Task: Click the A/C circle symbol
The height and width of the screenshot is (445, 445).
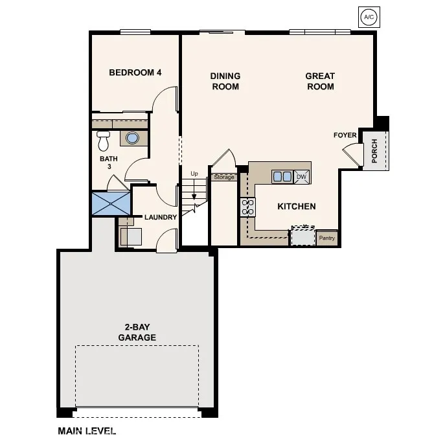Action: [369, 17]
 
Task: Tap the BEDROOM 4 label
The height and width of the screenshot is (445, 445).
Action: [135, 73]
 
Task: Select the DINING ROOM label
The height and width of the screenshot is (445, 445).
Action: [225, 82]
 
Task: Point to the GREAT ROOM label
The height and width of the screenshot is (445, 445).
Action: [320, 82]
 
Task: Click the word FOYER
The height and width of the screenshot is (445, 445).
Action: [345, 135]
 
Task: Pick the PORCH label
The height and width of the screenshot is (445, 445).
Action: [375, 151]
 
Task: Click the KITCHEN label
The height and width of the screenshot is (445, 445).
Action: [297, 207]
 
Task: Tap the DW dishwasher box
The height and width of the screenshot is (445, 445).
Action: [301, 176]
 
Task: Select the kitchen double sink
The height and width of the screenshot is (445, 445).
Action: [282, 176]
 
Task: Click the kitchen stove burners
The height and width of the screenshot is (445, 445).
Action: [247, 207]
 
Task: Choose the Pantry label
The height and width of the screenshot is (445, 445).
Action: [327, 238]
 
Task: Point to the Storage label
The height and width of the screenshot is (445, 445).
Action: [223, 177]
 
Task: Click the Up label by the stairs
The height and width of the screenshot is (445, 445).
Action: [194, 174]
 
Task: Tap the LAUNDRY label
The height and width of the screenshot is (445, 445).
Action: [161, 218]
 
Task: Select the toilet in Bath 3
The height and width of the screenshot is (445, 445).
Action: [103, 141]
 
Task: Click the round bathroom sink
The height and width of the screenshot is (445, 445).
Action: [133, 138]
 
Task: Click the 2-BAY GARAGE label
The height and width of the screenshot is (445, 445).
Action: [137, 333]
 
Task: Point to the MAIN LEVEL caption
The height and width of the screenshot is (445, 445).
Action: [87, 431]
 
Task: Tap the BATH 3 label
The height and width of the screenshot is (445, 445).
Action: [106, 162]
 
